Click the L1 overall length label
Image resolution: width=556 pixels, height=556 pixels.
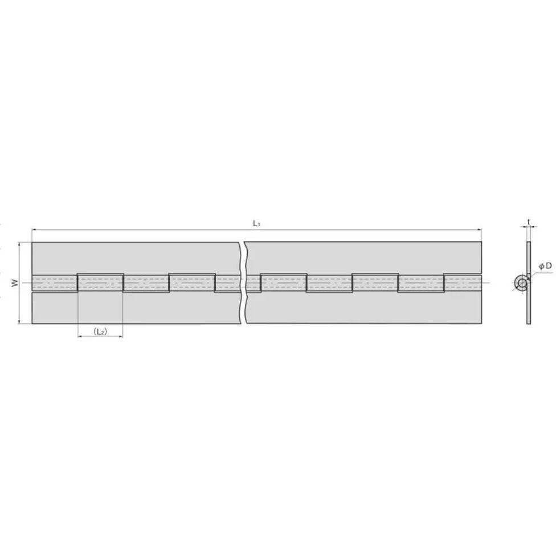(257, 224)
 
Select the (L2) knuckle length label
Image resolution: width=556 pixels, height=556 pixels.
(100, 331)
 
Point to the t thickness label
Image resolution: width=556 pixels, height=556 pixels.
(529, 221)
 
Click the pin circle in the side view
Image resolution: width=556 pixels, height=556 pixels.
(521, 283)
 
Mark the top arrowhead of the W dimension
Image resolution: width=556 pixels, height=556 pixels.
(21, 245)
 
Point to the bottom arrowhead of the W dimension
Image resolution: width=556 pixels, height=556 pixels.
(21, 321)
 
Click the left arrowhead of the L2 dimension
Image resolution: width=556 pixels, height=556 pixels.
(80, 337)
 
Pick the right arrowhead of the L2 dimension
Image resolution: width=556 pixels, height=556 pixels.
(121, 337)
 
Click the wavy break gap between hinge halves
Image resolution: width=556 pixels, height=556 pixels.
(243, 283)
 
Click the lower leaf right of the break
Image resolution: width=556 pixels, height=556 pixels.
(365, 308)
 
